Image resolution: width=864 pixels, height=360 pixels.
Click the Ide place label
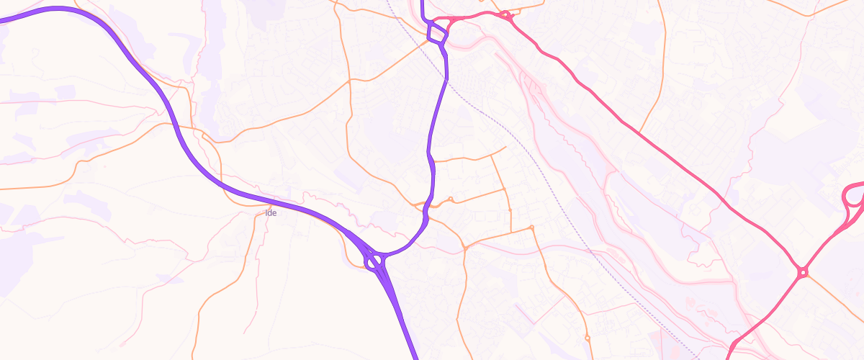click(271, 212)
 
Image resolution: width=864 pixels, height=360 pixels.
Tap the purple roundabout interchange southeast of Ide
click(375, 261)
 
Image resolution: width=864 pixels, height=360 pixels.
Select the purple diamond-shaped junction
click(436, 32)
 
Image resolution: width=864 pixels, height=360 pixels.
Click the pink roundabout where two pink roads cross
click(802, 272)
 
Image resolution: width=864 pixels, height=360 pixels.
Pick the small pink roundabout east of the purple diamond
click(505, 14)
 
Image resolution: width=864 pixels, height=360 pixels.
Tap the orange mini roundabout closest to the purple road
click(450, 199)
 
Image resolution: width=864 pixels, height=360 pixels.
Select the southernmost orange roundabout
click(588, 337)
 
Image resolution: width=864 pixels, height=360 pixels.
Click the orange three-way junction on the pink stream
click(465, 248)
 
